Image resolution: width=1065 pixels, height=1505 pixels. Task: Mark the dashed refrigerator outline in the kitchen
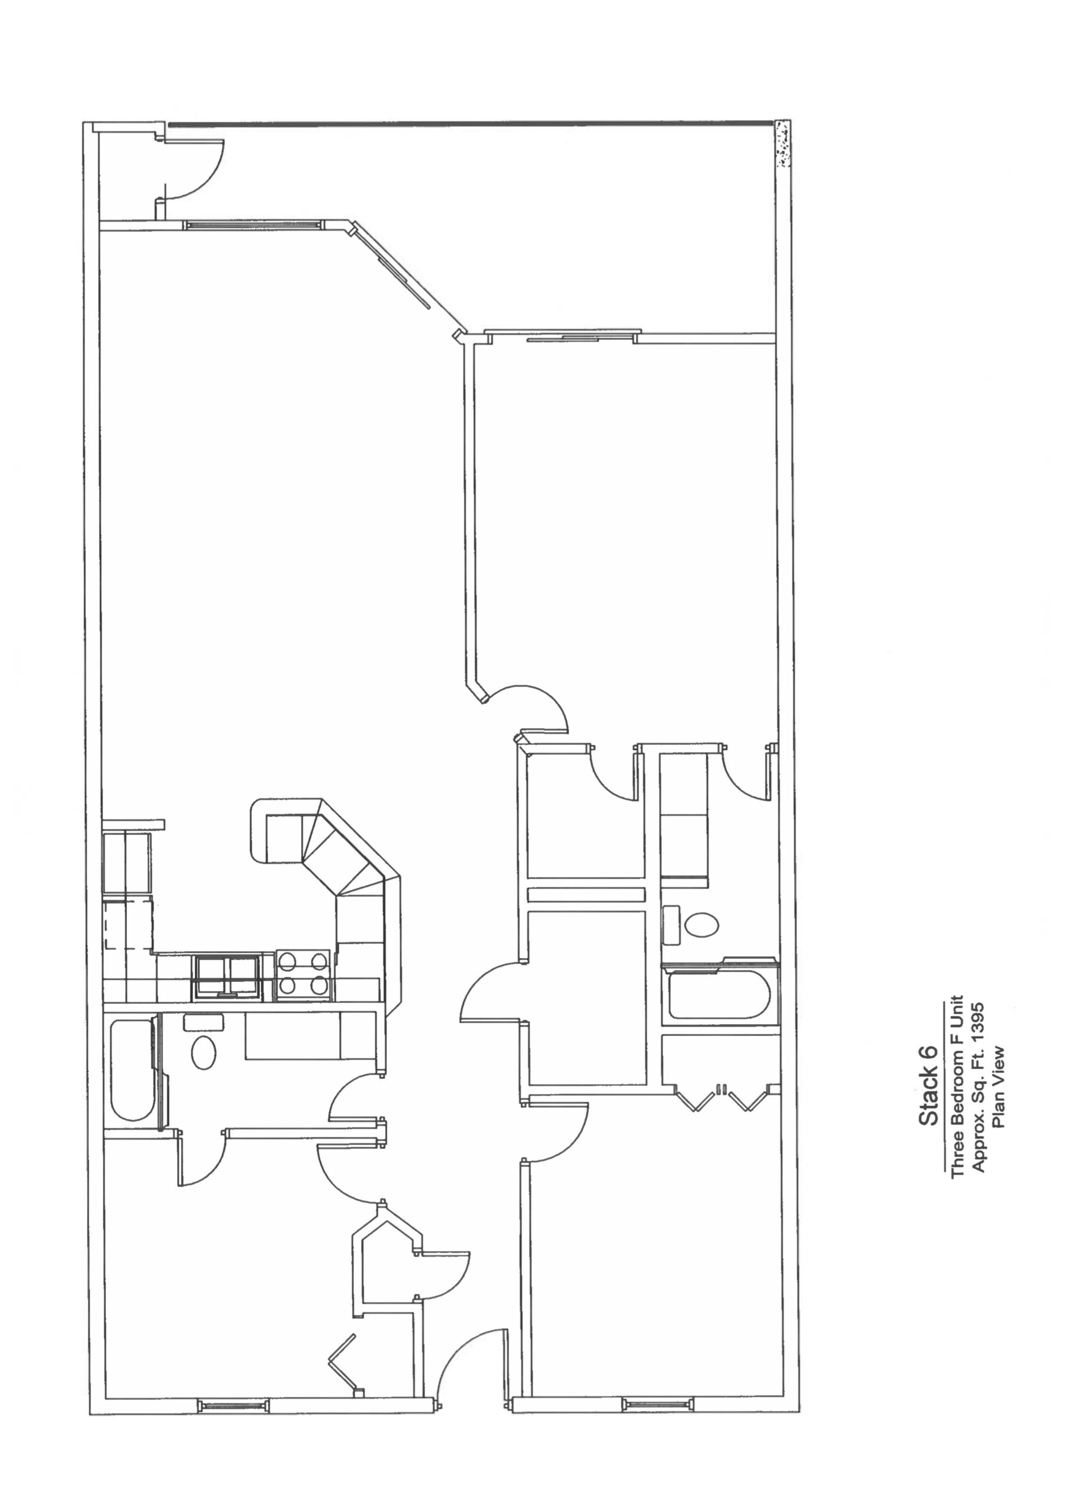click(x=129, y=924)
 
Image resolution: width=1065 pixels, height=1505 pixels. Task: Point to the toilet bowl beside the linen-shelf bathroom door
click(x=702, y=925)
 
